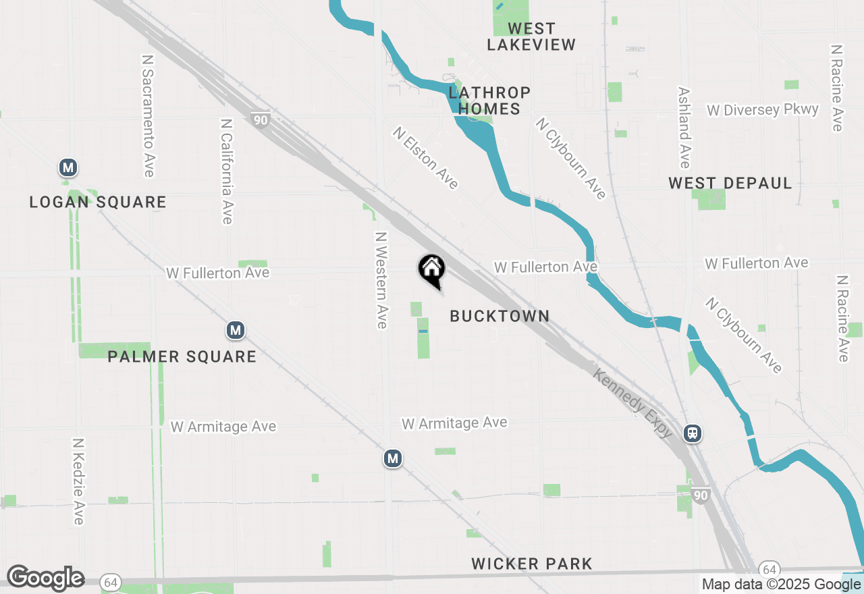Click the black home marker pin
point(431,270)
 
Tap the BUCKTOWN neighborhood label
point(500,316)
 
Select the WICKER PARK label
point(532,564)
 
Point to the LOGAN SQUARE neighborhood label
point(98,202)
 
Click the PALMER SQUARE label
point(182,356)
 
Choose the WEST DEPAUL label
point(730,183)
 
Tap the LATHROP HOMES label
point(490,101)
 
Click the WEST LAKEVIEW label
point(531,37)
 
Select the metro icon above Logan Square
point(67,167)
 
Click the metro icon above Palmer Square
point(235,330)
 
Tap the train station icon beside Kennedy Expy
point(693,433)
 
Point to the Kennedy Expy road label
point(633,403)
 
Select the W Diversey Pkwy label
point(763,110)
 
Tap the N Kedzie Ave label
point(78,481)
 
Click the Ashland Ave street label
point(684,128)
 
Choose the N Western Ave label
point(381,280)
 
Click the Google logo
point(45,578)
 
